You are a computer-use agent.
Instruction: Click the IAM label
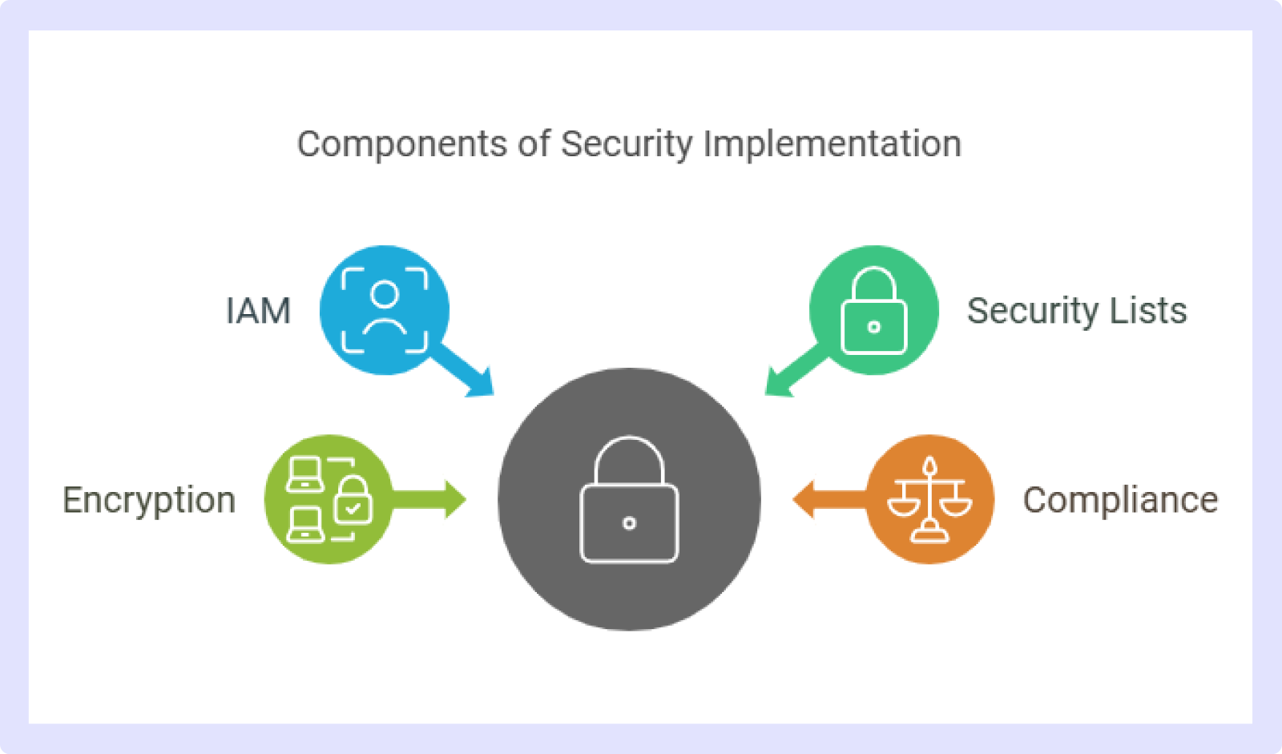(x=259, y=311)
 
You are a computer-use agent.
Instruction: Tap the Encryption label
(x=149, y=500)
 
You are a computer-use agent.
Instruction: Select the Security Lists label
(x=1077, y=311)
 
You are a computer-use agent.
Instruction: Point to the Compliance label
(x=1121, y=500)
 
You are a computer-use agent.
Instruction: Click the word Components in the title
(x=402, y=143)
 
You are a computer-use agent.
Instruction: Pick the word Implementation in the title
(x=832, y=143)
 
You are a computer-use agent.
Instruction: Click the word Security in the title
(x=627, y=143)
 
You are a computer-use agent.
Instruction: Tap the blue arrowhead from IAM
(x=481, y=383)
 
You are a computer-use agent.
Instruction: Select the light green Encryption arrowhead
(x=456, y=500)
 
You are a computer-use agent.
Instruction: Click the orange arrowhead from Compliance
(x=803, y=500)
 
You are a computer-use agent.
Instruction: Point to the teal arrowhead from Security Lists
(x=778, y=383)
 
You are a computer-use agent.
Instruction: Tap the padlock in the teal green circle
(x=874, y=310)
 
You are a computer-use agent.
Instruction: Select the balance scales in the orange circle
(x=930, y=499)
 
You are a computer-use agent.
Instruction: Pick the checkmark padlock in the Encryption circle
(x=353, y=500)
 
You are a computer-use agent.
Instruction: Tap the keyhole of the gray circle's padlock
(x=630, y=523)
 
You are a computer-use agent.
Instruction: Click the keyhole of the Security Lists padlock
(x=874, y=328)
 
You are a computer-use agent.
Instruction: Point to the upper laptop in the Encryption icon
(x=305, y=474)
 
